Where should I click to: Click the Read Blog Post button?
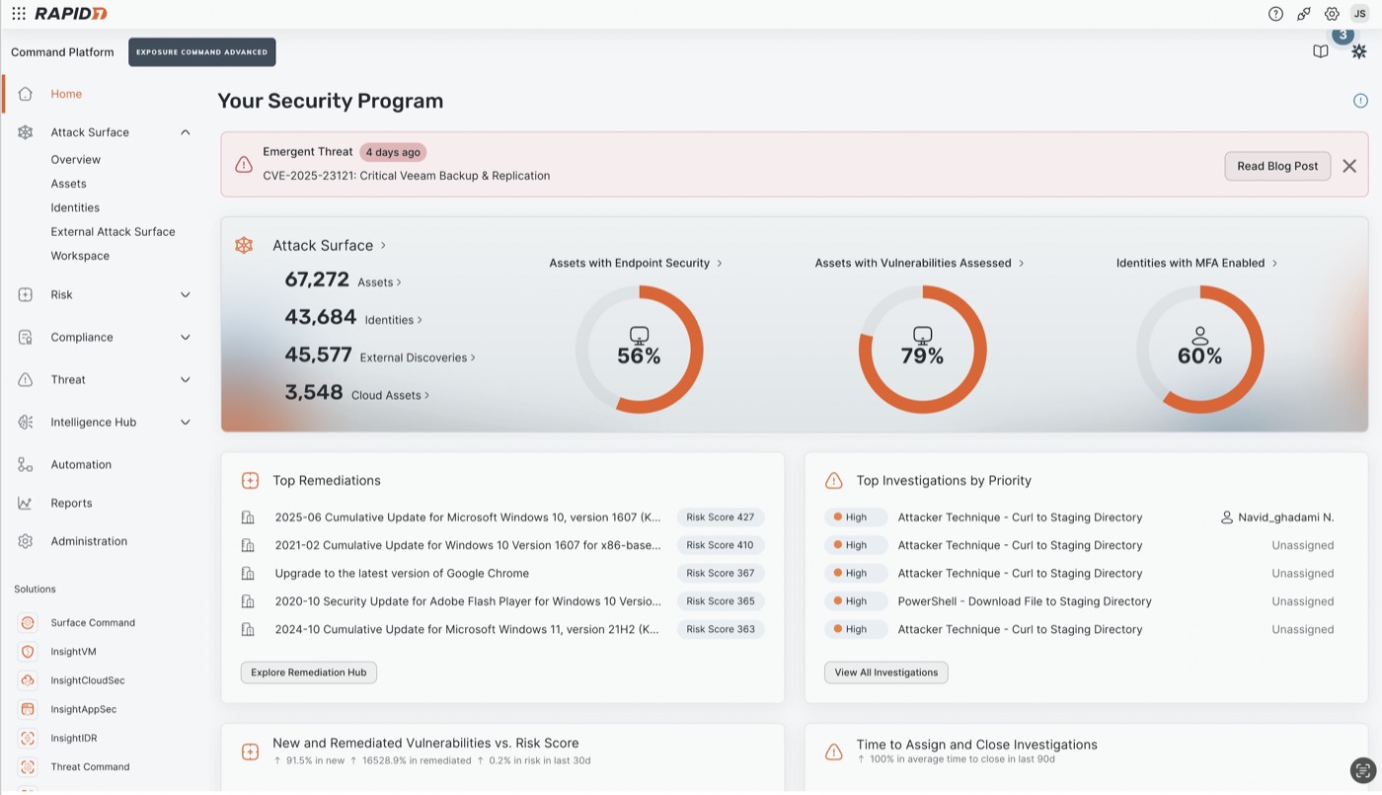[x=1277, y=166]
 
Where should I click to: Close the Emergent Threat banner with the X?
[x=1349, y=166]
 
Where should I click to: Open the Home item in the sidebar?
[x=66, y=94]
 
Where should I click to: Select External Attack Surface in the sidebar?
[x=113, y=231]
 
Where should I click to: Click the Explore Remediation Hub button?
[x=308, y=673]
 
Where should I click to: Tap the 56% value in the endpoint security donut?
[x=639, y=356]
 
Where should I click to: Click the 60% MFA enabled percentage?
[x=1199, y=356]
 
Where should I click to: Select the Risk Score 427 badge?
[x=720, y=517]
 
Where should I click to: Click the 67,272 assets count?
[x=317, y=279]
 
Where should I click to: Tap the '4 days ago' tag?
[x=393, y=152]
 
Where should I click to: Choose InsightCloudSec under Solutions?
[x=88, y=680]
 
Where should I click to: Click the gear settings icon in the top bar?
[x=1332, y=14]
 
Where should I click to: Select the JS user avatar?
[x=1360, y=14]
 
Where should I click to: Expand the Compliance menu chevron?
[x=186, y=337]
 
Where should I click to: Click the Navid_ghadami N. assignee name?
[x=1285, y=517]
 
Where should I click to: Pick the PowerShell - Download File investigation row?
[x=1025, y=601]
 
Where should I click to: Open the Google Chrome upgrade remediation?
[x=402, y=573]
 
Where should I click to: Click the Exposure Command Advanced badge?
[x=201, y=52]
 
